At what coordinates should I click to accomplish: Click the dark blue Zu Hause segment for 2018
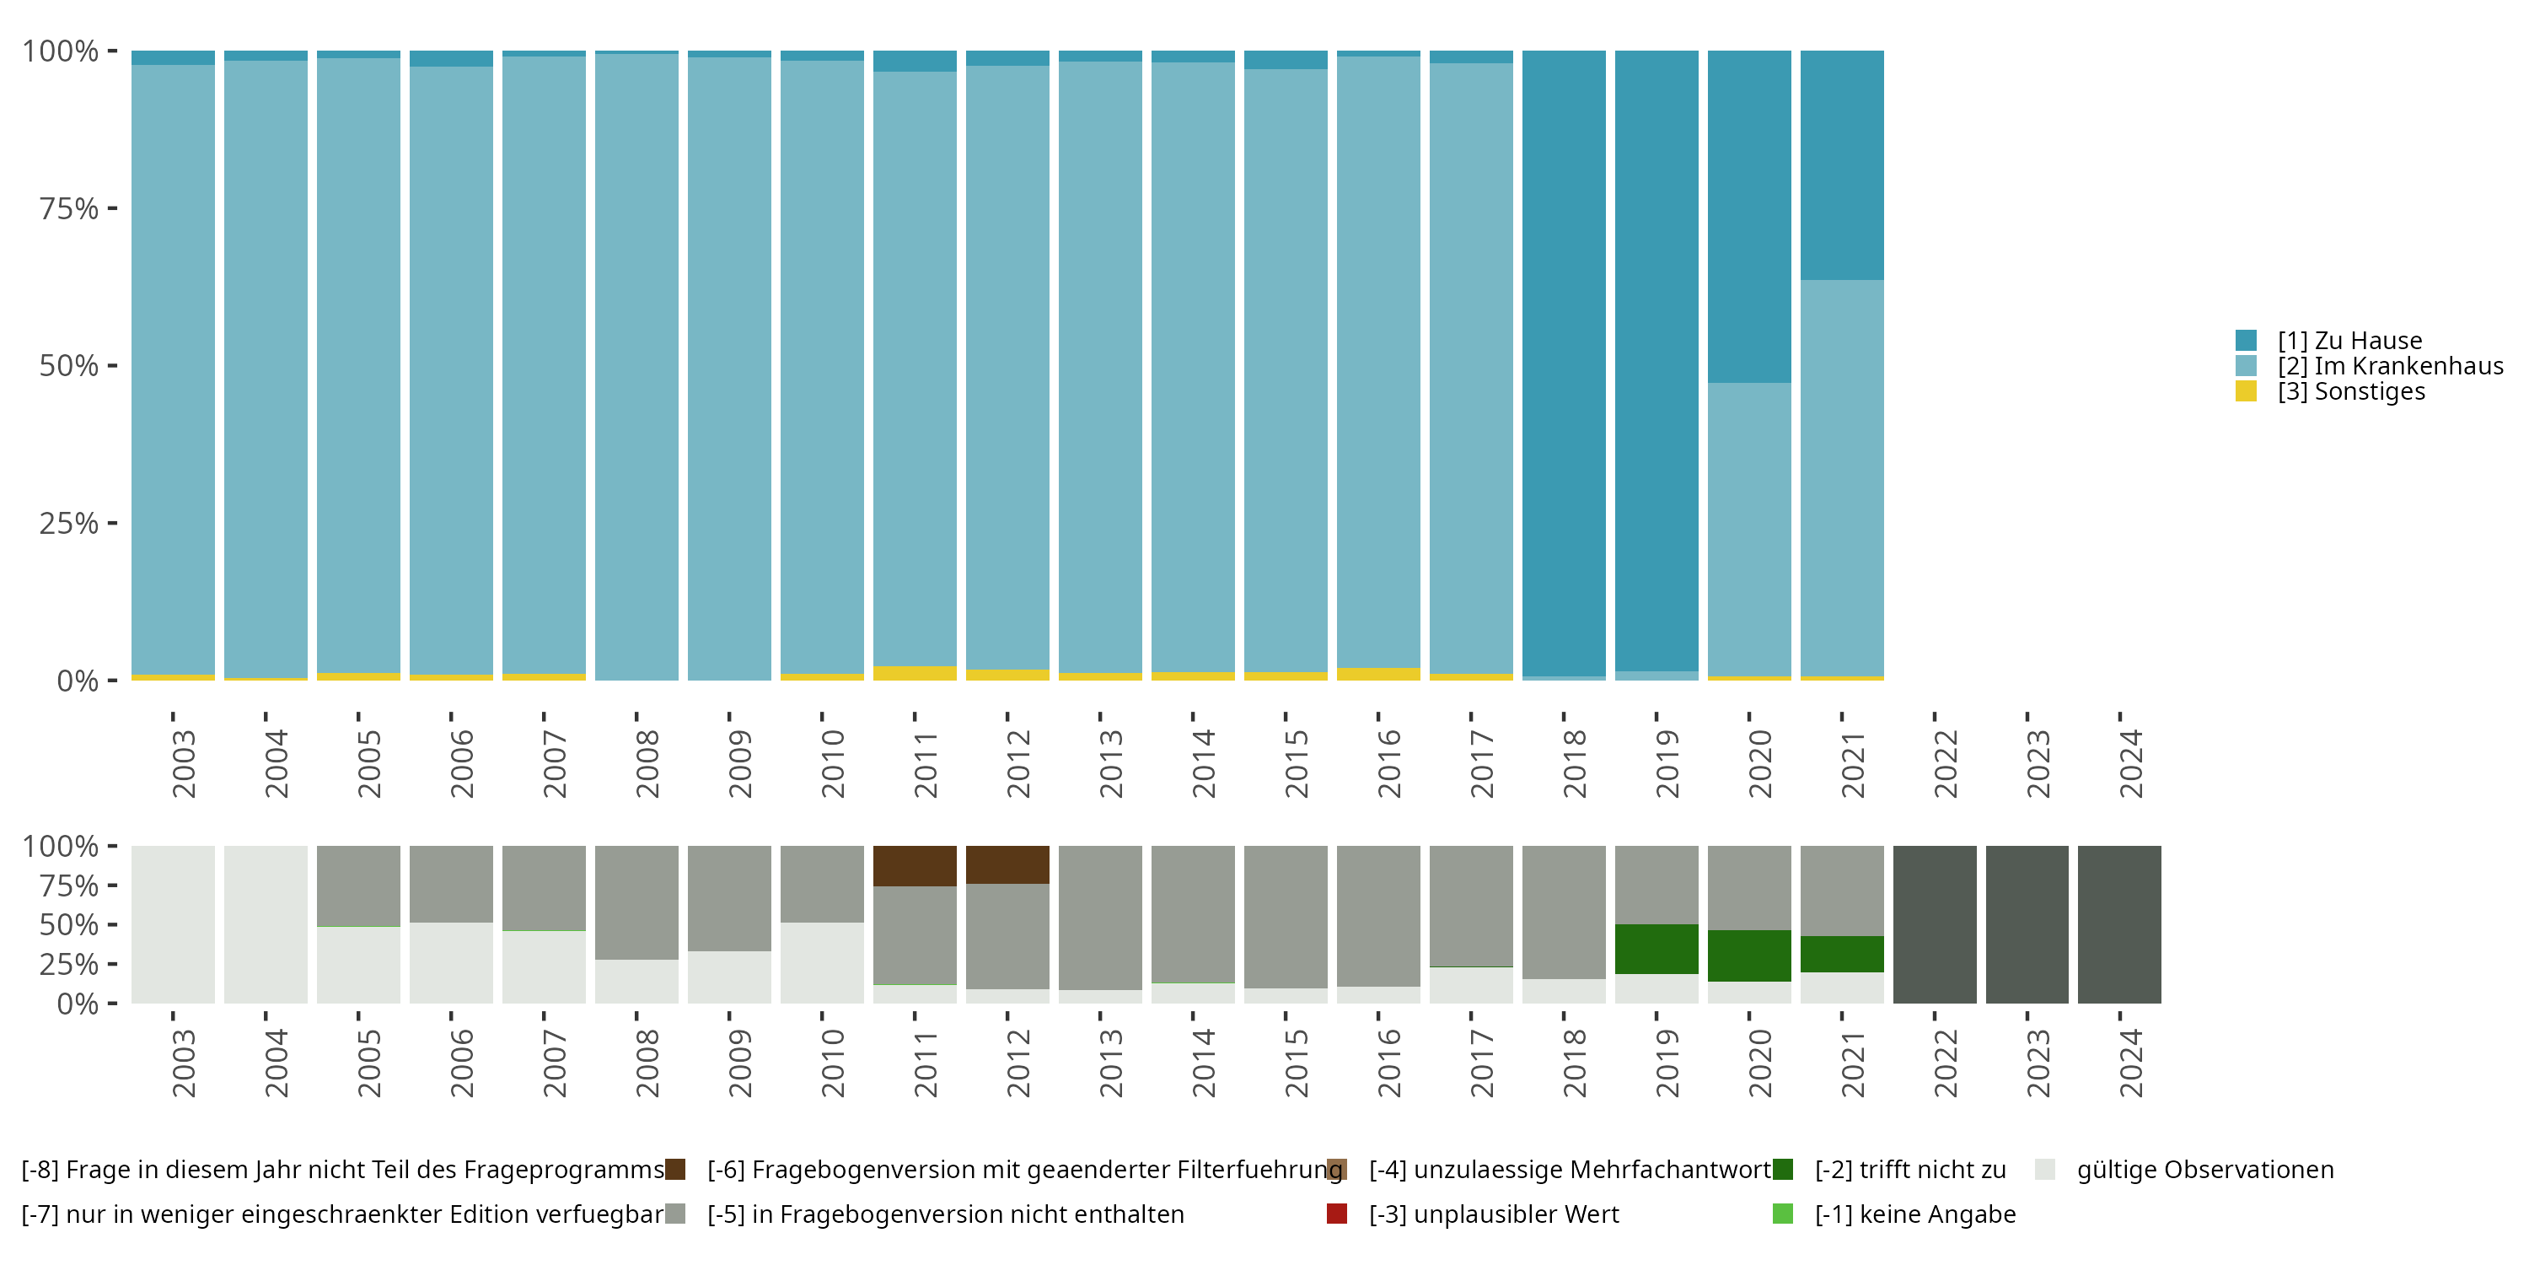tap(1564, 363)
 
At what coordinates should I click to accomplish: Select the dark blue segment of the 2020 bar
tap(1748, 216)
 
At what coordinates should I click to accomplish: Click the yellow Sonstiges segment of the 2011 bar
tap(914, 673)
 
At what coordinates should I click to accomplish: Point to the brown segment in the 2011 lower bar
tap(914, 865)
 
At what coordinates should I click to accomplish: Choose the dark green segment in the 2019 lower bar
tap(1656, 949)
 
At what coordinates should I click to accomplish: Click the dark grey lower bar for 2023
tap(2027, 924)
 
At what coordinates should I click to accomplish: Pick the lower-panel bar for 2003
tap(173, 924)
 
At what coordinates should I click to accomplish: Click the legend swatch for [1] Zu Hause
tap(2247, 341)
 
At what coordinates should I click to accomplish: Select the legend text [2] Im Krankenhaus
tap(2390, 366)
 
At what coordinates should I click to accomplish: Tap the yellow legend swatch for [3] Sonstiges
tap(2247, 391)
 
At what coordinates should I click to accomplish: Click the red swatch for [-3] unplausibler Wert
tap(1336, 1214)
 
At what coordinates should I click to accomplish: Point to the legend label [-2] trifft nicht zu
tap(1909, 1170)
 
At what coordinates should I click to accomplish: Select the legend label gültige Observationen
tap(2205, 1170)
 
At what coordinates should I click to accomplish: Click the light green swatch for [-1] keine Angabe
tap(1783, 1214)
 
